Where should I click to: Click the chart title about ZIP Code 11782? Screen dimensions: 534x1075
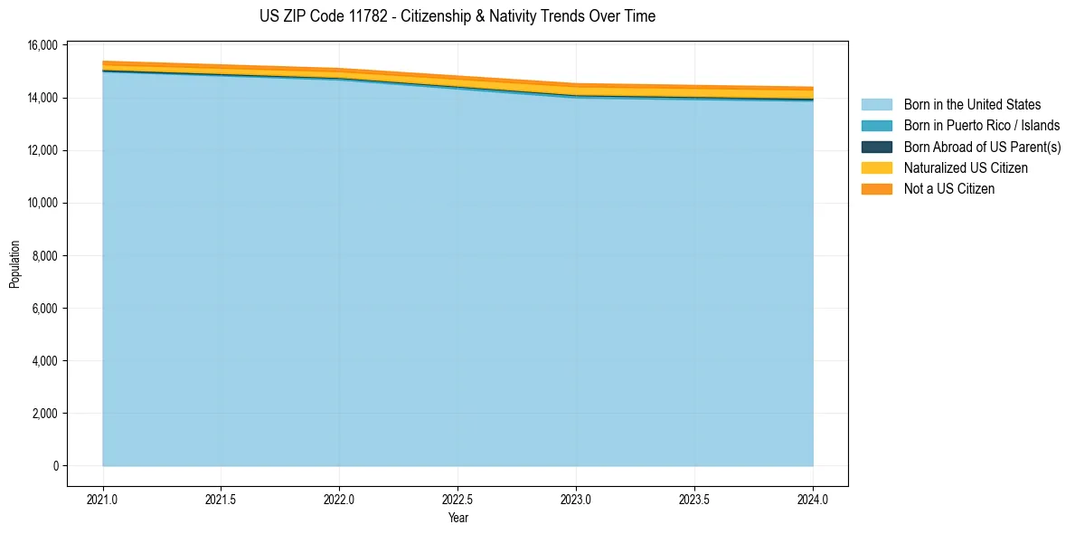click(457, 16)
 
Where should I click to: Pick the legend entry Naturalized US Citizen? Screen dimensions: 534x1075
click(966, 168)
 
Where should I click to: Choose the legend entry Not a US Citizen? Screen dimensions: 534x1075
click(948, 189)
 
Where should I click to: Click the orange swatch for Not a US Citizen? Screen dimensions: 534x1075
click(876, 189)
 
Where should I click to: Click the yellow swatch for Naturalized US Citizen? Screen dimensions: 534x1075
click(876, 168)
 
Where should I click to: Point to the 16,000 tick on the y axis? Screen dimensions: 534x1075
click(43, 45)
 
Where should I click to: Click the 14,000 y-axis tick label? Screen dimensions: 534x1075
click(43, 98)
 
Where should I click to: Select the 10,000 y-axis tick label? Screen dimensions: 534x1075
click(43, 203)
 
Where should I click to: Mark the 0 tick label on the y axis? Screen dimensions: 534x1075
click(55, 466)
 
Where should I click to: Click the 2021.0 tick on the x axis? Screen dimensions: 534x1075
click(102, 499)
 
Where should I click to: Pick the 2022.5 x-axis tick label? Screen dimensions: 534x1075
click(457, 499)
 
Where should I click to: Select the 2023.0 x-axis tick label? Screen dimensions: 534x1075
click(576, 499)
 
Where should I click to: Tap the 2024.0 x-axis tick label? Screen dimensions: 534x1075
click(813, 499)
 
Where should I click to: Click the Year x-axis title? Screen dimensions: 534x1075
click(457, 518)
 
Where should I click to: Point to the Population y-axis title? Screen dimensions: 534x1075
click(14, 264)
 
